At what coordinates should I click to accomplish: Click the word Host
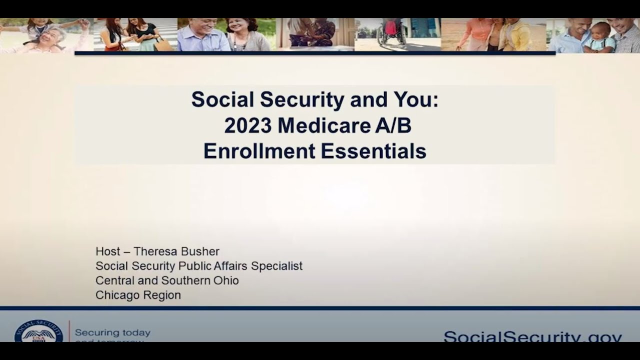click(x=108, y=251)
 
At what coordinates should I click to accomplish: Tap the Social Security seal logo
click(x=39, y=332)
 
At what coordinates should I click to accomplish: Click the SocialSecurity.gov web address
click(x=532, y=336)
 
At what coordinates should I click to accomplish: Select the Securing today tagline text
click(x=112, y=333)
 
